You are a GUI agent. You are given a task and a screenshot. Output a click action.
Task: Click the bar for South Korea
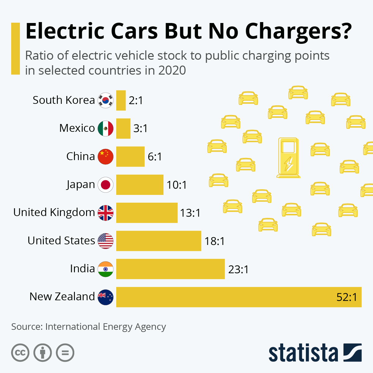coord(121,100)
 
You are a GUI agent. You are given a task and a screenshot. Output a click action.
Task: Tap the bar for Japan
coord(140,185)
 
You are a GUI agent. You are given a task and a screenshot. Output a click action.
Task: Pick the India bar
coord(170,269)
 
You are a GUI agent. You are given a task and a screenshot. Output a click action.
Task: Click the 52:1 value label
coord(347,297)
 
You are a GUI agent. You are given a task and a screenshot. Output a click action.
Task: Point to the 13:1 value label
coord(190,213)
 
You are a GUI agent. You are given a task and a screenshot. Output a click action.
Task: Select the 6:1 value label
coord(155,157)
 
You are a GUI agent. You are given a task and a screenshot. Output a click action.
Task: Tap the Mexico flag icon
coord(106,128)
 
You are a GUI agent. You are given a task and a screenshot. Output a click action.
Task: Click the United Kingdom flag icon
coord(106,213)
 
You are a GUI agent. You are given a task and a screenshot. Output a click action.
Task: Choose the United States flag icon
coord(106,241)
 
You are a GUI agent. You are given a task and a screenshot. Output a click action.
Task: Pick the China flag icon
coord(106,157)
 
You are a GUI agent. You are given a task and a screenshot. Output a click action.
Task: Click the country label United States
coord(61,241)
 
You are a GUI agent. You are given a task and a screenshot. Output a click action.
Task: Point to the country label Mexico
coord(77,128)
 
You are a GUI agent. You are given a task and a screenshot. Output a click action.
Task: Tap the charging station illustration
coord(288,158)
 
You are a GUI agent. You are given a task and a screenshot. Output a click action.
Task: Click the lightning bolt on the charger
coord(289,164)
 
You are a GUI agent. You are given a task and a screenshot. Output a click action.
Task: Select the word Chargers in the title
coord(299,31)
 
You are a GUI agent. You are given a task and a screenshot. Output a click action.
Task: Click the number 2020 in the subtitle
coord(172,71)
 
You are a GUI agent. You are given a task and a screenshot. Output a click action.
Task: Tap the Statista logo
coord(315,353)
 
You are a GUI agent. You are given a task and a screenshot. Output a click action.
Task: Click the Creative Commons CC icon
coord(20,353)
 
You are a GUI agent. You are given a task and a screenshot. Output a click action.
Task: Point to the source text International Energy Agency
coord(105,327)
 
